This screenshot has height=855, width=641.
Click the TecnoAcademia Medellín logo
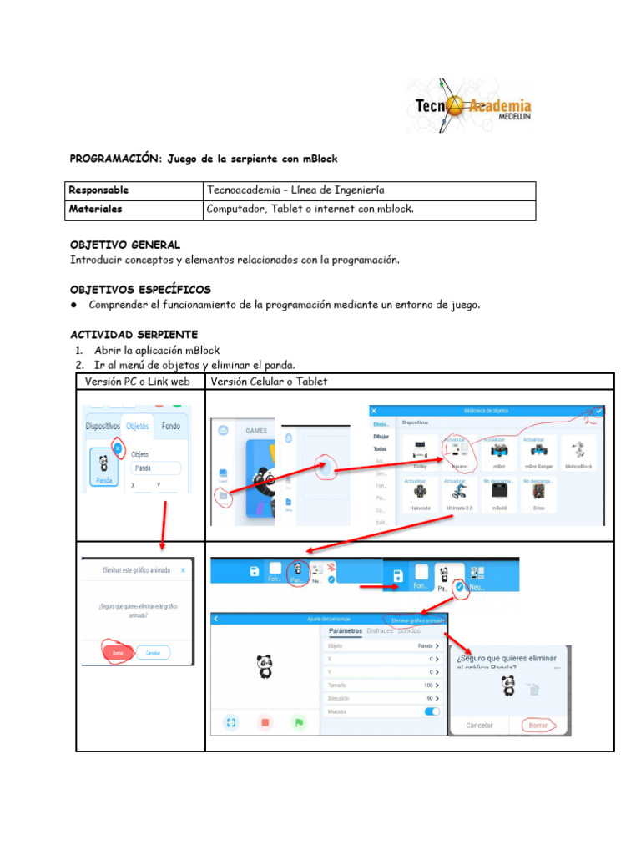click(468, 106)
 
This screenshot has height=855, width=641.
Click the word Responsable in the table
click(98, 190)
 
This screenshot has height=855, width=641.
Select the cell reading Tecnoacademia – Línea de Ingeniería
click(295, 190)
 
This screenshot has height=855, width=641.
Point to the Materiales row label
click(95, 210)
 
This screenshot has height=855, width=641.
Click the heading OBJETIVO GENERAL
click(124, 245)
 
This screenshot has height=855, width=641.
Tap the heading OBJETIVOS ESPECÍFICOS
click(140, 289)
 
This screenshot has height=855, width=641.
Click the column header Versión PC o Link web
click(138, 382)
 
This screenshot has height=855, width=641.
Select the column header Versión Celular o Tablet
click(269, 382)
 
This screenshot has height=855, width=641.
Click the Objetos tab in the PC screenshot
click(137, 426)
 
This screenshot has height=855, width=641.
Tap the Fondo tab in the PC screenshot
click(171, 426)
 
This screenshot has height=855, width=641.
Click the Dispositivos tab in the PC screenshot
click(103, 426)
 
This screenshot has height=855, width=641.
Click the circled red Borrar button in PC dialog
click(118, 652)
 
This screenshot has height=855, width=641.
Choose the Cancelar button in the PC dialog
click(153, 652)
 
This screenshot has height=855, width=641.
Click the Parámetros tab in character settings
click(346, 631)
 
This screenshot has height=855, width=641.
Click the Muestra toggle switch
click(432, 711)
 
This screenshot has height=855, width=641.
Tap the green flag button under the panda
click(298, 722)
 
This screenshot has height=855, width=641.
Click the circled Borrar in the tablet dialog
click(538, 726)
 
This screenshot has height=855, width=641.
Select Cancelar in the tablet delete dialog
click(479, 726)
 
